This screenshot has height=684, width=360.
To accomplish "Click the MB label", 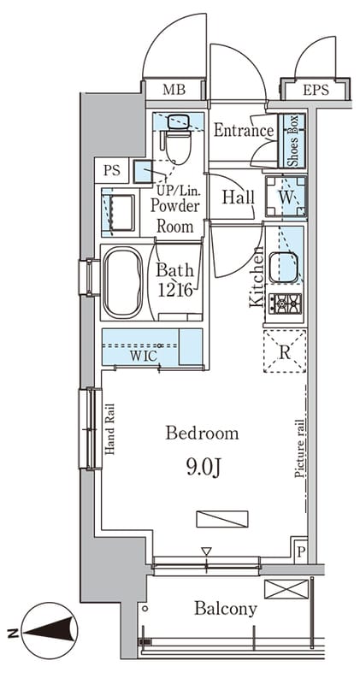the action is pos(174,90).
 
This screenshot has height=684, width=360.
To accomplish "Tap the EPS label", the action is pos(316,90).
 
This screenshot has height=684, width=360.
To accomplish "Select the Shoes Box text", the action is pos(293,141).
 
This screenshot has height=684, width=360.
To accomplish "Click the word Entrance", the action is pos(244,131).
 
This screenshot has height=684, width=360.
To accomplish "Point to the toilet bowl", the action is pos(178,147).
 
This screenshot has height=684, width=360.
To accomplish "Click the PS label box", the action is pos(112,170).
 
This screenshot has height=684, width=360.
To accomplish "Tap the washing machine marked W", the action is pos(286,197).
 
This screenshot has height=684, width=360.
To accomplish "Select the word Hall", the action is pos(239,198).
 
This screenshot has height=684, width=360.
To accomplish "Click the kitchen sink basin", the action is pos(283,268).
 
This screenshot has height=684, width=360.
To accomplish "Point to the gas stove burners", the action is pos(285,304).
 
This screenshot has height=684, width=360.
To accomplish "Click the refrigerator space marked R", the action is pos(285,351).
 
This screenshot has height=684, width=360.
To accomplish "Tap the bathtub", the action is pos(122,283).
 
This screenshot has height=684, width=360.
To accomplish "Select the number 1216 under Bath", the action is pos(175,290).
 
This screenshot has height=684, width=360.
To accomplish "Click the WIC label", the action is pos(143,356).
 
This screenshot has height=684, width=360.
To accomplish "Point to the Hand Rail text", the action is pos(109,429).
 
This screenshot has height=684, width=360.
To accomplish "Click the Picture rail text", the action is pos(299,448).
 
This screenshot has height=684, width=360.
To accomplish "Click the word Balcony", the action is pos(226,609).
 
